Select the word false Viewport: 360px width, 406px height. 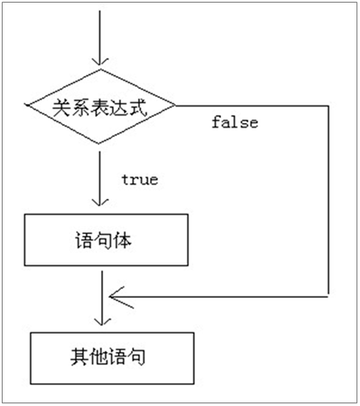234,122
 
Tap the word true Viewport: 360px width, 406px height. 139,179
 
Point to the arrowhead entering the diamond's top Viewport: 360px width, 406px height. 102,59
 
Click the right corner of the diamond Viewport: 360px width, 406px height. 177,107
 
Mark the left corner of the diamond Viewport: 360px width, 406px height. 28,107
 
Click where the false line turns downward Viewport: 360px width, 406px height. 328,107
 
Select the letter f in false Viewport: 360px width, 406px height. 216,122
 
